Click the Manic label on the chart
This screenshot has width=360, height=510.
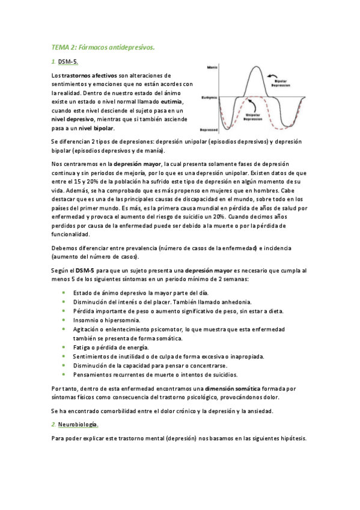(x=211, y=67)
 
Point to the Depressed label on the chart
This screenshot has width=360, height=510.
(x=209, y=129)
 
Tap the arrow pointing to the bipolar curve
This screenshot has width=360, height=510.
(x=269, y=77)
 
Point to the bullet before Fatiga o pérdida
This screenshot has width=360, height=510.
(x=64, y=347)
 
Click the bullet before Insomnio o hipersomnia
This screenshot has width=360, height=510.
(x=64, y=320)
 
